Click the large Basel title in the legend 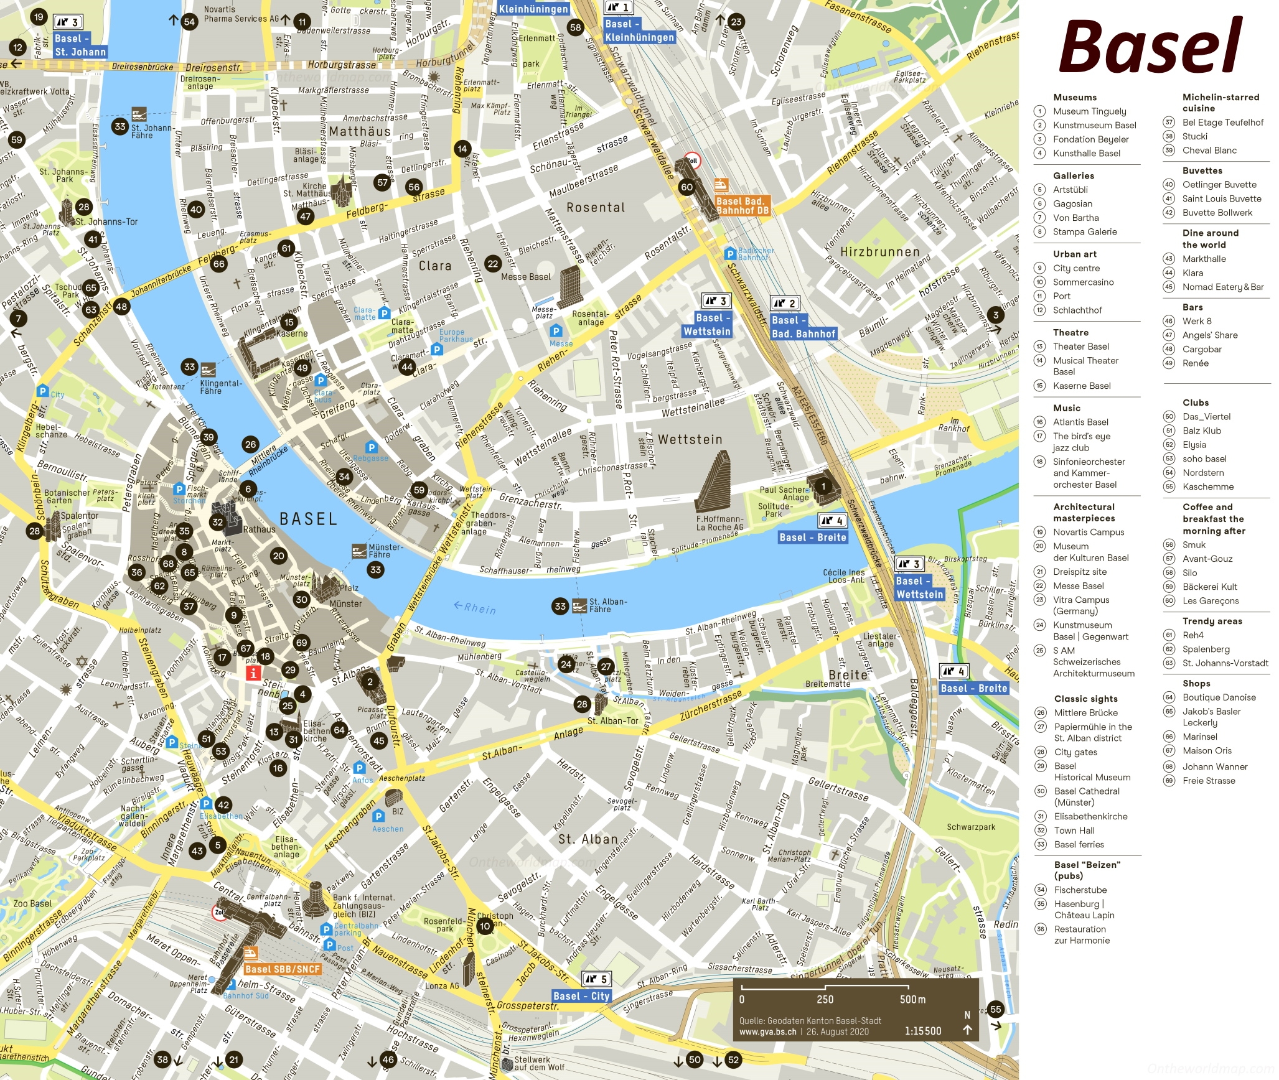(1150, 47)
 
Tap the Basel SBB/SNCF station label (283, 969)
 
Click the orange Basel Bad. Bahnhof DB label (743, 206)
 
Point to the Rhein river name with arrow (476, 607)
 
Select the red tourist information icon (253, 673)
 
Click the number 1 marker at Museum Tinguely (823, 486)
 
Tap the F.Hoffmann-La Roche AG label (719, 523)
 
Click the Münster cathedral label (345, 603)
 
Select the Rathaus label (259, 529)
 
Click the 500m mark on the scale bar (912, 999)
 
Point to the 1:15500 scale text (923, 1031)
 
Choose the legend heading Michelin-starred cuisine (1220, 103)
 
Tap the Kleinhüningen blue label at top (533, 9)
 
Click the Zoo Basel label (33, 903)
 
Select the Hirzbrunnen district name (879, 252)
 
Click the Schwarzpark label (971, 827)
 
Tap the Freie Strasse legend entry (1208, 781)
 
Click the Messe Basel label (525, 277)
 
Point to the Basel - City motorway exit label (581, 996)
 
